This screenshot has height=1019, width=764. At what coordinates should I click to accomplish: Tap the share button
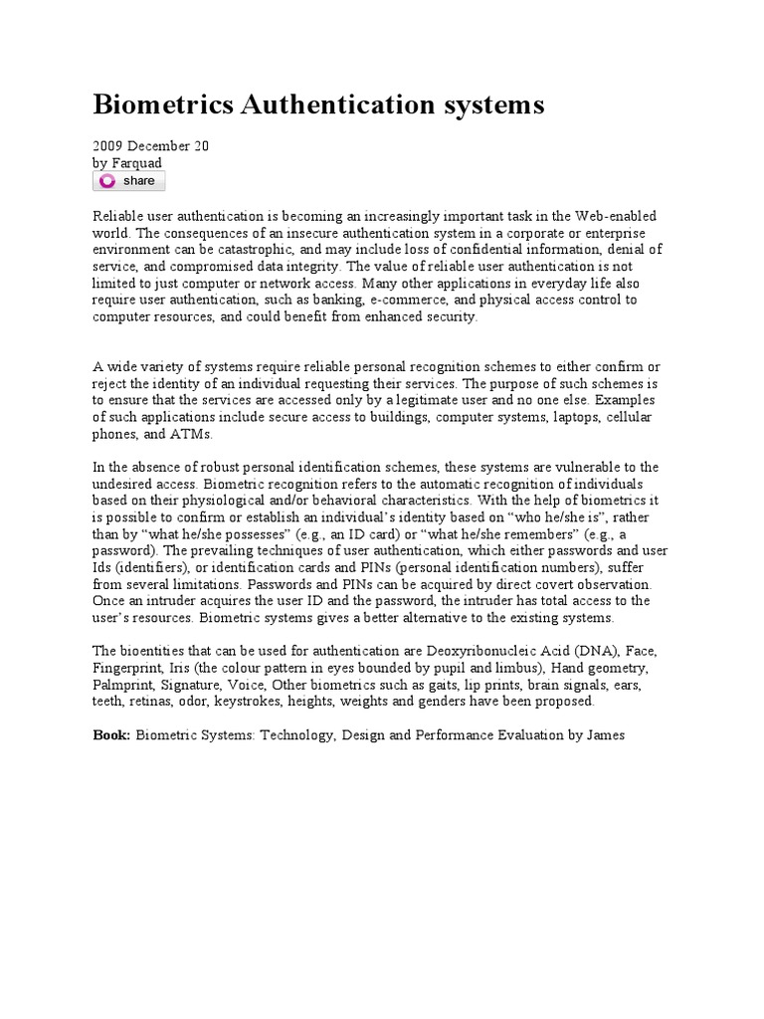[129, 181]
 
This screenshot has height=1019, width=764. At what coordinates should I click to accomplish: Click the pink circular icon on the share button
[108, 181]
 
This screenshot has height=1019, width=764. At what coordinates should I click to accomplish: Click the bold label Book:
[111, 735]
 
